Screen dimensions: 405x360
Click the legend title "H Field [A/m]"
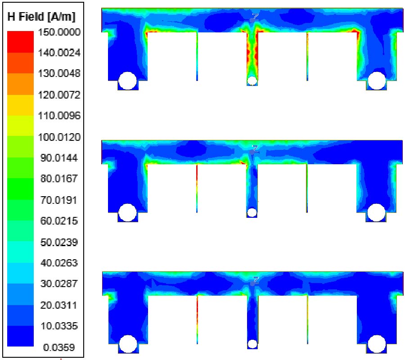(41, 17)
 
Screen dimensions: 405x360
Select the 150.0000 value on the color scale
(59, 32)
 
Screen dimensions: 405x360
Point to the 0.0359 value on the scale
(59, 347)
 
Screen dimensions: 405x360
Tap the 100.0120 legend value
(59, 137)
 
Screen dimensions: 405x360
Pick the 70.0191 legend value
(59, 200)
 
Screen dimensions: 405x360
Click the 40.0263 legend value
(59, 263)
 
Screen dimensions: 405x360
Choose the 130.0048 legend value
(59, 74)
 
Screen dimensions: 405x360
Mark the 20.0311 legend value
(59, 305)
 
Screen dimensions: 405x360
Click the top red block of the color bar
(20, 42)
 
